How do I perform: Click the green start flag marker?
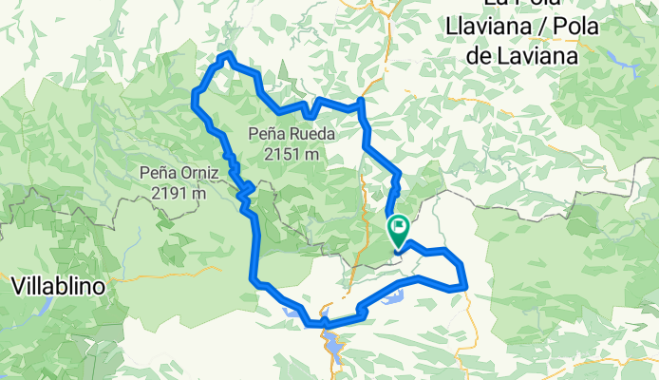398,229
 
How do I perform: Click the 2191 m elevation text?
179,192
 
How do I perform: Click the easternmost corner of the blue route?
465,284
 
